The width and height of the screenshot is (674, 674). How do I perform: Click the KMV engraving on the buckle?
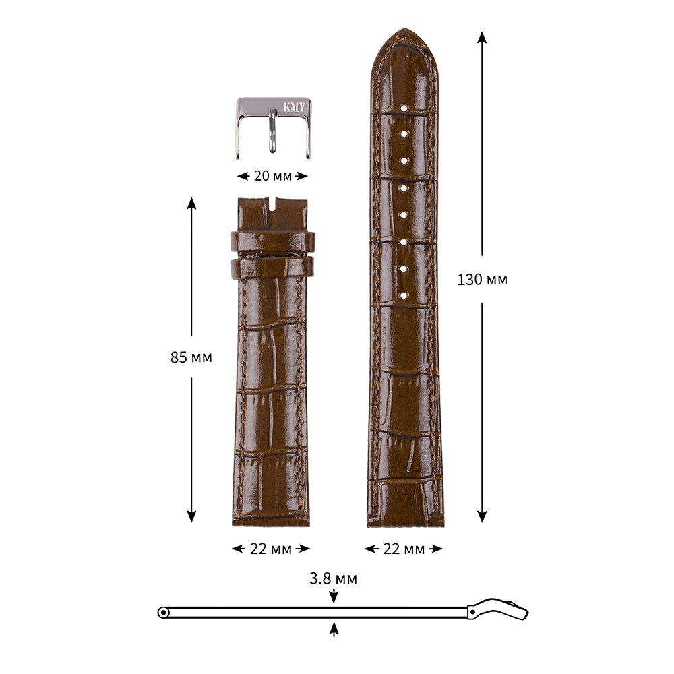[x=294, y=107]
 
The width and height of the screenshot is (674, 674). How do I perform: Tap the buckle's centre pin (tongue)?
[x=273, y=130]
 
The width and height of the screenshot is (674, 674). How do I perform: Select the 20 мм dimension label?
[x=272, y=176]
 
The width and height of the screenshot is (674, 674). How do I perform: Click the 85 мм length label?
[x=191, y=357]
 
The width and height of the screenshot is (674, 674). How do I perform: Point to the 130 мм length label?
[x=483, y=280]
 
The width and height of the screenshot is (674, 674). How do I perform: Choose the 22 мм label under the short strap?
[x=271, y=549]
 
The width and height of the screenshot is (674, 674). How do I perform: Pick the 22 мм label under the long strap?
[x=404, y=549]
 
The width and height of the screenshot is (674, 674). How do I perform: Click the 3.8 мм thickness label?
[x=333, y=578]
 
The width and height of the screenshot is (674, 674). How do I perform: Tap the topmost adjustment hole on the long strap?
[x=404, y=107]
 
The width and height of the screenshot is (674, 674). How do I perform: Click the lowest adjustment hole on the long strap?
[x=404, y=295]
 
